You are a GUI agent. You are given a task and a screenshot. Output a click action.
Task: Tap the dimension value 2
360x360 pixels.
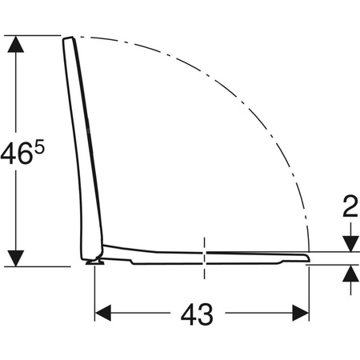click(x=349, y=209)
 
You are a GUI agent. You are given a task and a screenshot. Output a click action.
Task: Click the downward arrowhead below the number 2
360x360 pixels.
click(x=349, y=242)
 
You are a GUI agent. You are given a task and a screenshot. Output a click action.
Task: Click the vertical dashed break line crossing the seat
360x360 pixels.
click(x=206, y=256)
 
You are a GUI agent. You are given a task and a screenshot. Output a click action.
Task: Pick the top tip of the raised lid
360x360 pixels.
click(x=69, y=39)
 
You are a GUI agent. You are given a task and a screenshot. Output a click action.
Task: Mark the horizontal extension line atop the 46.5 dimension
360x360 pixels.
click(x=36, y=35)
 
